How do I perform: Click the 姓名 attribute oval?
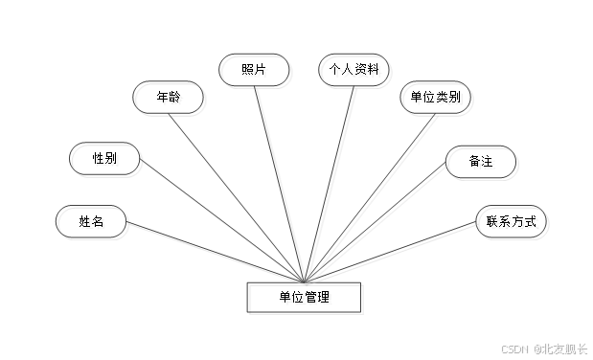tap(93, 223)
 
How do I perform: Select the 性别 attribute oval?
tap(106, 160)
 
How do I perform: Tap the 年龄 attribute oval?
tap(170, 100)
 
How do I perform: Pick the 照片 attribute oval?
tap(254, 70)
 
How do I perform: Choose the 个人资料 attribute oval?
tap(354, 71)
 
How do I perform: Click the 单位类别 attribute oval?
tap(437, 99)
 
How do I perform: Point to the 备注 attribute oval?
tap(483, 163)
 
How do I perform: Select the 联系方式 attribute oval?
tap(513, 224)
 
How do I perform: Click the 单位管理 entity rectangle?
tap(306, 299)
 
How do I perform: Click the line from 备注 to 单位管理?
tap(383, 226)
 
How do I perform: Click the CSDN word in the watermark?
tap(515, 349)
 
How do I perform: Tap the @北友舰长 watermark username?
tap(560, 349)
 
